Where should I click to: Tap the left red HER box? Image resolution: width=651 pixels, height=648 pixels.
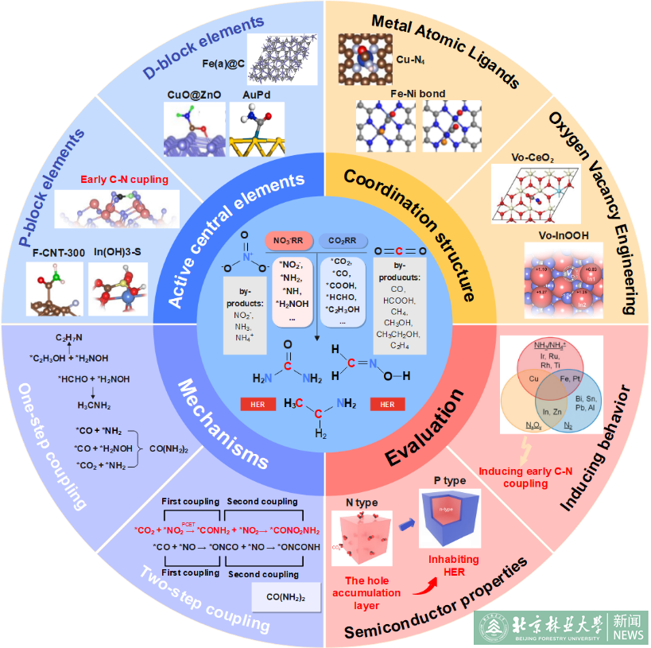coord(258,404)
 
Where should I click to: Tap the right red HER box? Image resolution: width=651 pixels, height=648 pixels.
coord(387,404)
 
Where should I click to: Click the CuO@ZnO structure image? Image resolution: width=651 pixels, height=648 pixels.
coord(195,129)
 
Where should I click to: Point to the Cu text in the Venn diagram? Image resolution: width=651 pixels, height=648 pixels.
coord(529,379)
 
